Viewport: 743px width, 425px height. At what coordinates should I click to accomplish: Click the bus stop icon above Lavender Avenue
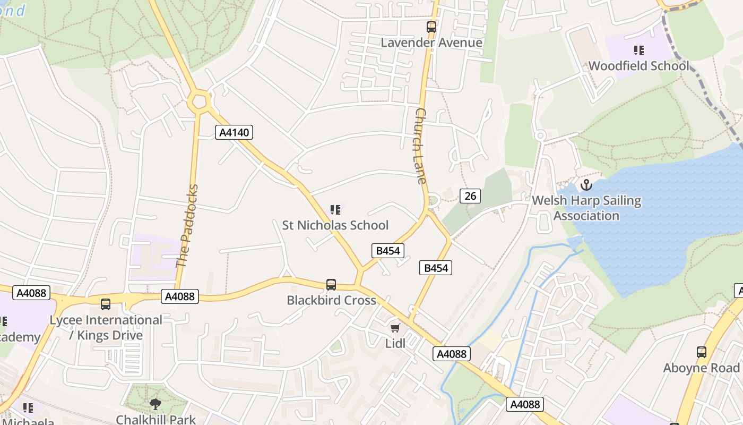431,27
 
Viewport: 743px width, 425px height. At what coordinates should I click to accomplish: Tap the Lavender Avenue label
431,42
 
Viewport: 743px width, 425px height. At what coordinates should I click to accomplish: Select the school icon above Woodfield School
639,50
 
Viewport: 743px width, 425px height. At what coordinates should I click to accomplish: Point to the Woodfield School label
639,66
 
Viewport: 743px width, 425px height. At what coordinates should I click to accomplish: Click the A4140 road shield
234,132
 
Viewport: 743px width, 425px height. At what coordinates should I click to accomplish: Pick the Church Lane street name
420,146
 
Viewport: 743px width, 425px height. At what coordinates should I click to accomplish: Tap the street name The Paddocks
187,226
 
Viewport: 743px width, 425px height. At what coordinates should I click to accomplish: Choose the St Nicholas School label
335,225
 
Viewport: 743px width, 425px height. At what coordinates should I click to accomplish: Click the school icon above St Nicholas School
335,210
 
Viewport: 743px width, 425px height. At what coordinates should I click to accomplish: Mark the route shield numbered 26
470,196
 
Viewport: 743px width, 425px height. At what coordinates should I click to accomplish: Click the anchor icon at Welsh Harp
586,185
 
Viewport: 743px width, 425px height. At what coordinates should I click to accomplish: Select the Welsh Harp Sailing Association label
586,208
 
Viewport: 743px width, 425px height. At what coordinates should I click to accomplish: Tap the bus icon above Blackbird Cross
331,285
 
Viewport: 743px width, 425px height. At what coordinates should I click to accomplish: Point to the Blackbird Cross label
331,300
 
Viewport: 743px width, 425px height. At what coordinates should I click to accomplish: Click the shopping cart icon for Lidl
395,328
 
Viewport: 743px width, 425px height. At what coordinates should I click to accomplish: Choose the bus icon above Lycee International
106,304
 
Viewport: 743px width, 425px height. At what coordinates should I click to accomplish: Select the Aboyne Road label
701,368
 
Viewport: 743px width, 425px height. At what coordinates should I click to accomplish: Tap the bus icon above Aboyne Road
702,352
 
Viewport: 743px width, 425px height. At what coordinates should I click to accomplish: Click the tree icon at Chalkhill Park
155,404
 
